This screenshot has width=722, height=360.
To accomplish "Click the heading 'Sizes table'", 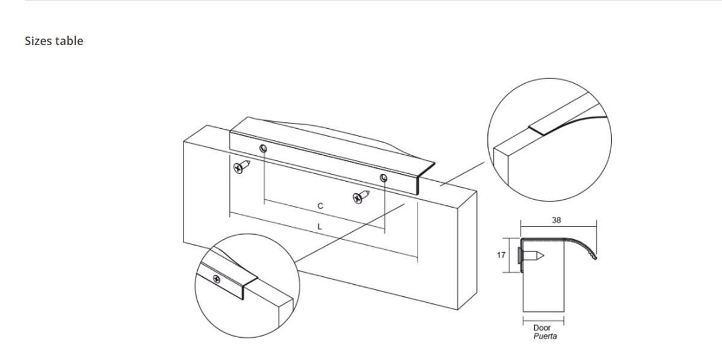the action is [x=54, y=41].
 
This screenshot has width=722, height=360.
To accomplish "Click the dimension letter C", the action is [x=320, y=206].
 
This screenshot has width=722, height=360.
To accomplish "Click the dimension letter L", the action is [x=319, y=227].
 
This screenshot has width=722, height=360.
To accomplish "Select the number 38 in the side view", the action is [x=557, y=220].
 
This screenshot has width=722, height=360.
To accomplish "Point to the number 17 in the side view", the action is [x=501, y=255].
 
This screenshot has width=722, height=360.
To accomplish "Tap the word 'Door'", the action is [x=542, y=327].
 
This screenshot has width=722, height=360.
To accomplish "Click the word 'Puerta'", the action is [x=545, y=336].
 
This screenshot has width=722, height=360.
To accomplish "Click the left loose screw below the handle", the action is [x=241, y=167].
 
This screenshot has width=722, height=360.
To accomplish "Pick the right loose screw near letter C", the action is [x=361, y=197].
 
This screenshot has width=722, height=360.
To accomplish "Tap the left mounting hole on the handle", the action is [x=263, y=148].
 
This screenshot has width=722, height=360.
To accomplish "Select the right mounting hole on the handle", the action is [x=383, y=178].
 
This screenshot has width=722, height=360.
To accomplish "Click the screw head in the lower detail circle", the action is [x=217, y=279].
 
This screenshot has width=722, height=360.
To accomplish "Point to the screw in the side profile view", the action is [x=531, y=256].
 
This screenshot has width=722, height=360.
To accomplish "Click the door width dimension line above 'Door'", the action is [x=543, y=321].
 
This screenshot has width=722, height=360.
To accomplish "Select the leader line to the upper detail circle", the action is [x=462, y=174].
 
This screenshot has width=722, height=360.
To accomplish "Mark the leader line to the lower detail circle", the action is [x=350, y=233].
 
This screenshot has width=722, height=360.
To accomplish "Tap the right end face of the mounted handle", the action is [x=426, y=178].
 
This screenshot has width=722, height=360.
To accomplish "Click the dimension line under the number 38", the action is [x=558, y=227].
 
